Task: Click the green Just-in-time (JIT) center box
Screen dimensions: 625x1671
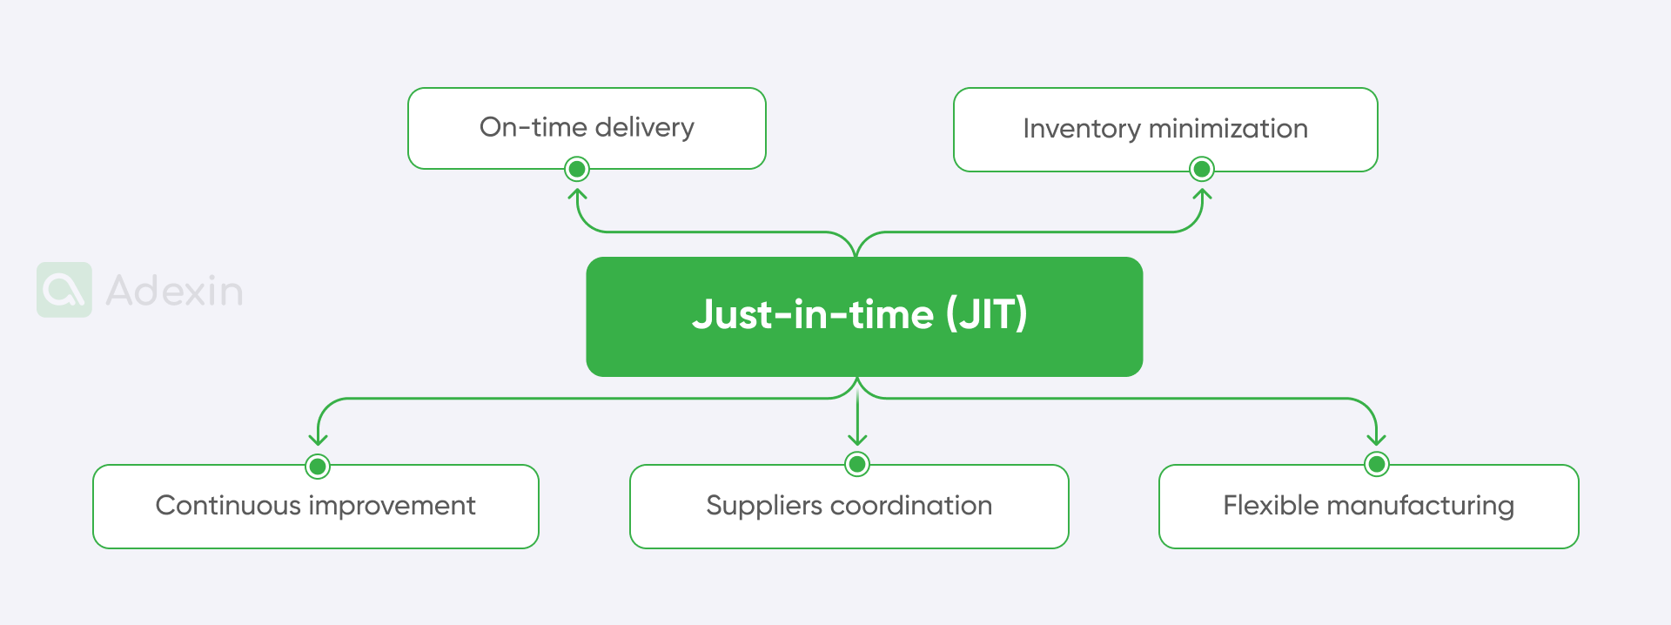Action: click(863, 317)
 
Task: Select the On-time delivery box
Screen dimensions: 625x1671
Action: click(587, 127)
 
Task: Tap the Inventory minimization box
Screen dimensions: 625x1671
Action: click(1165, 129)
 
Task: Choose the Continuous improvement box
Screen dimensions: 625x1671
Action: click(315, 506)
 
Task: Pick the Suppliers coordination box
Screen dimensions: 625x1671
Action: click(849, 506)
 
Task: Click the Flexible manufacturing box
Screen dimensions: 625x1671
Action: click(1368, 506)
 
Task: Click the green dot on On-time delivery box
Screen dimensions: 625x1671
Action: click(576, 169)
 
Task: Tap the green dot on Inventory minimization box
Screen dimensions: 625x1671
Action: click(1202, 169)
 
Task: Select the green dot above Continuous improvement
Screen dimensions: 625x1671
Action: click(318, 467)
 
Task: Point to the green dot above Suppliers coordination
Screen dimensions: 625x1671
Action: click(857, 464)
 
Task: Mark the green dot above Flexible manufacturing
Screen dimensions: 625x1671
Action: click(1376, 464)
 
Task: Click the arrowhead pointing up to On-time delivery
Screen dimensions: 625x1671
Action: click(577, 194)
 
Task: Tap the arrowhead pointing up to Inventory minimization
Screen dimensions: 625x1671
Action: click(1202, 194)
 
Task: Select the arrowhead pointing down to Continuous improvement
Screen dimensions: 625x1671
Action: click(318, 440)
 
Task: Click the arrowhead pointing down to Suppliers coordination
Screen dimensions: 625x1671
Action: click(857, 440)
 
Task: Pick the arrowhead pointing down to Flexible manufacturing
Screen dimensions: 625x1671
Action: click(1376, 440)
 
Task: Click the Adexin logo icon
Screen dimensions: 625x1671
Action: click(64, 290)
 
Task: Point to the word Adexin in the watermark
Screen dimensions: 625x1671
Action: click(174, 291)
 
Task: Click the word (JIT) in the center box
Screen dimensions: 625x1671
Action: click(986, 314)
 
